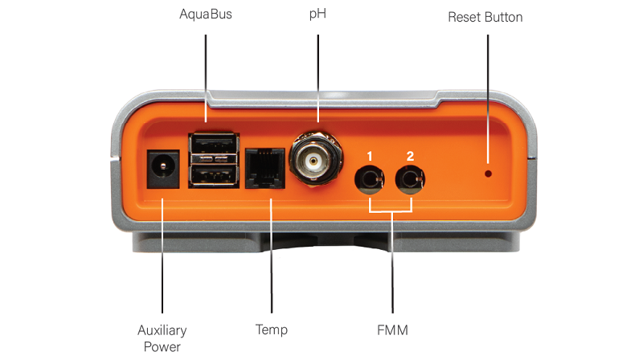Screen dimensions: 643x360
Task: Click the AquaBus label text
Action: point(206,14)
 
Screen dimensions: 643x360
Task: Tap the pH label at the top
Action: point(317,14)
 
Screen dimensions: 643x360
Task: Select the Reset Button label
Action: point(485,17)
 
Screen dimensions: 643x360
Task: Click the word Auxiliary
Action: point(162,330)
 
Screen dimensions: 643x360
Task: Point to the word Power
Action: point(162,347)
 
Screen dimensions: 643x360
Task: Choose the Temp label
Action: point(272,330)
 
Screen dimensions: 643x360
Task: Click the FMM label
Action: point(392,330)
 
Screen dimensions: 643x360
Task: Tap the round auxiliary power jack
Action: point(163,169)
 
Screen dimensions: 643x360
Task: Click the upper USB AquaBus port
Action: point(214,144)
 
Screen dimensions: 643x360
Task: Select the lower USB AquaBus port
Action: point(214,175)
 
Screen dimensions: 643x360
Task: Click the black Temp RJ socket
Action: point(265,168)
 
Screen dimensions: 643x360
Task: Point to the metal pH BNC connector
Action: point(316,158)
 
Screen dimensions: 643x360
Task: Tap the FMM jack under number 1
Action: point(370,179)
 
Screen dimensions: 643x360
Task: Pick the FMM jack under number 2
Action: point(410,179)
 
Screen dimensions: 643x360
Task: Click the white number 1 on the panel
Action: point(370,156)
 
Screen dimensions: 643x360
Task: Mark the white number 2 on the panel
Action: point(410,156)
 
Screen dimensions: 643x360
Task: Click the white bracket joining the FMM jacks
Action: point(391,211)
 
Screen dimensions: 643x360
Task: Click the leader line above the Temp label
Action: point(271,256)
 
